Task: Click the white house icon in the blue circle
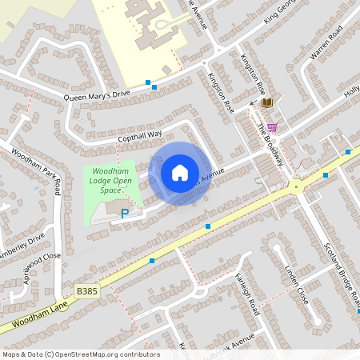click(x=179, y=173)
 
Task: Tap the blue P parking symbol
click(x=124, y=214)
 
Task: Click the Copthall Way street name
click(x=139, y=137)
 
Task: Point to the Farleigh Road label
click(x=247, y=293)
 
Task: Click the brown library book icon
click(x=266, y=102)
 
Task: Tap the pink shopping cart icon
click(x=272, y=126)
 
